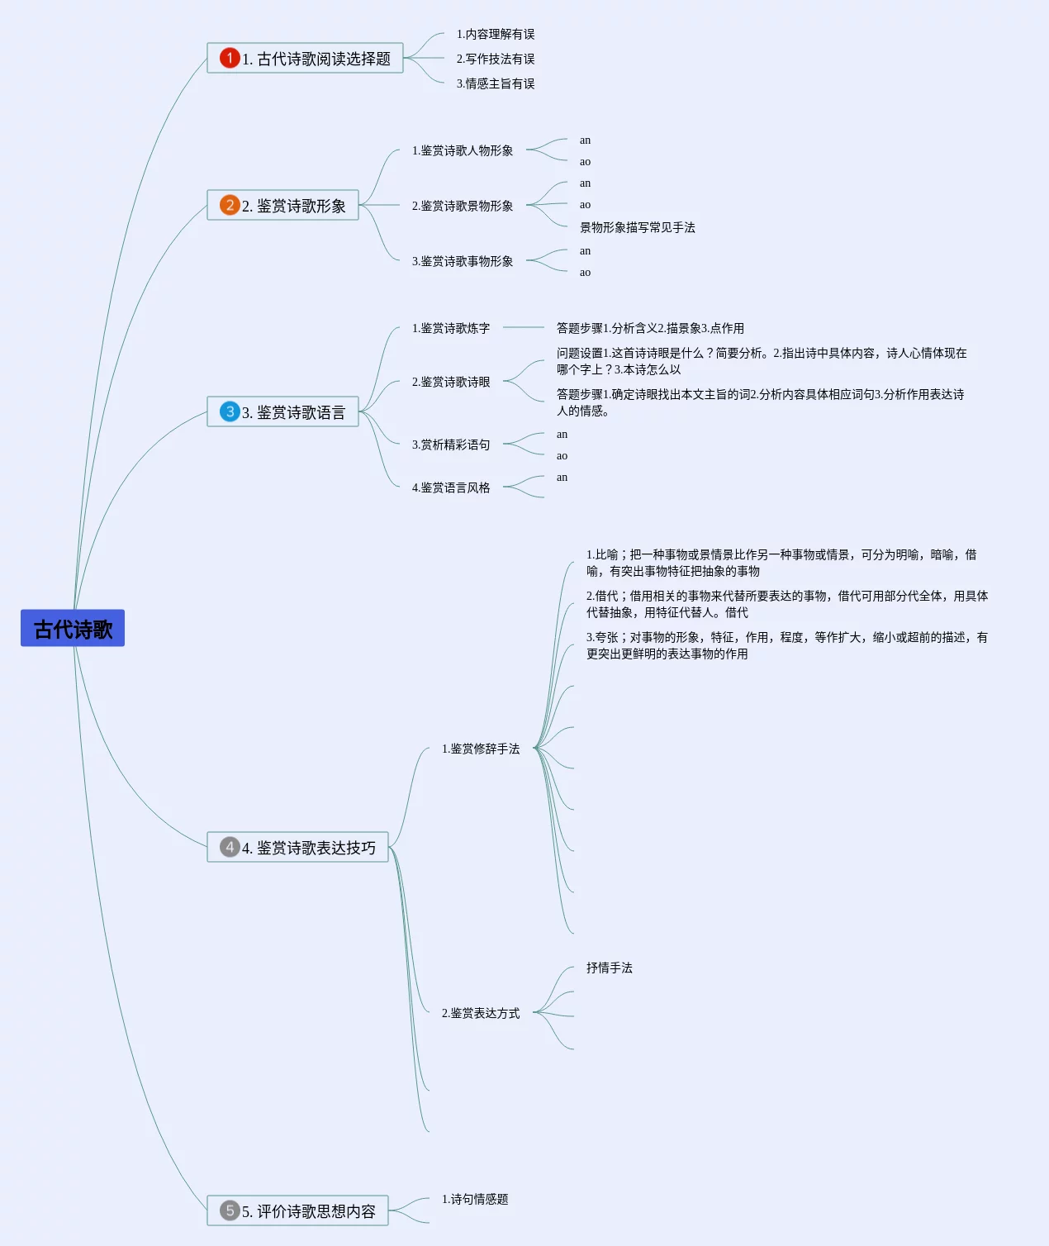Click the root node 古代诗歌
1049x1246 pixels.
(73, 629)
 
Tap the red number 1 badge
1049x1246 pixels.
(230, 58)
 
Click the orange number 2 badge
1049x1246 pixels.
(230, 205)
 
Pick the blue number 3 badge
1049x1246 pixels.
(230, 411)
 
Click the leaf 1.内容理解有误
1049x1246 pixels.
(496, 34)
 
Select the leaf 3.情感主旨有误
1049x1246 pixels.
(496, 83)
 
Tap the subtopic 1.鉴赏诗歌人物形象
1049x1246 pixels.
(463, 150)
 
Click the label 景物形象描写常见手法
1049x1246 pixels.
(638, 227)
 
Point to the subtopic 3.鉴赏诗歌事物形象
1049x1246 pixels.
(463, 261)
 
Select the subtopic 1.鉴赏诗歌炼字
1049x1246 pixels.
(451, 328)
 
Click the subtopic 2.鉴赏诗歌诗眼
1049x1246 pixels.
(451, 382)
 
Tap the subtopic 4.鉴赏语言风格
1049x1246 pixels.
(451, 487)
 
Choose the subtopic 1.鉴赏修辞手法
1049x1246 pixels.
(481, 749)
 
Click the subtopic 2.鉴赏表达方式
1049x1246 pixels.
(481, 1013)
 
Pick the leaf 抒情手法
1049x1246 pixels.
(610, 968)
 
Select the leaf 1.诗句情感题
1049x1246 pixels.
(475, 1199)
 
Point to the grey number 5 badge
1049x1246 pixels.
(230, 1210)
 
